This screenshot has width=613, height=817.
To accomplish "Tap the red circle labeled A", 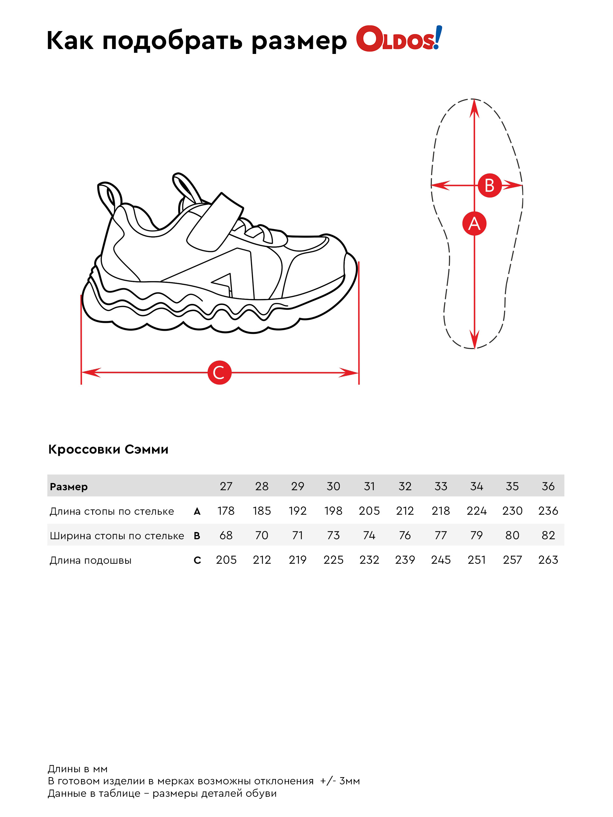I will (x=474, y=224).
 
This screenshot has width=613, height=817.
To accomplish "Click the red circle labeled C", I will (x=219, y=372).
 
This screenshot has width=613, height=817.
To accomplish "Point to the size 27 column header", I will (x=226, y=486).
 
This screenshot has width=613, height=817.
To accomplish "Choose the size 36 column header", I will (x=548, y=486).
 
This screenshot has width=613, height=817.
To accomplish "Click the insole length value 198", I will (x=333, y=511).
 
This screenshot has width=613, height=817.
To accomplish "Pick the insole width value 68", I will (x=226, y=535).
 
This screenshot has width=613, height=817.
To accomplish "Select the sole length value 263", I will (x=548, y=560).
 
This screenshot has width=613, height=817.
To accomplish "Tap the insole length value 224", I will (x=476, y=511).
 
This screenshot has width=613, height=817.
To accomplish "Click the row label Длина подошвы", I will (x=91, y=560).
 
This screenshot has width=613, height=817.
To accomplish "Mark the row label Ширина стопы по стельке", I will (x=117, y=536).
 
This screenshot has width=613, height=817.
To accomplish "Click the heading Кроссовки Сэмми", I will (x=108, y=449).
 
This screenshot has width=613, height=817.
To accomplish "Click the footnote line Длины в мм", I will (x=77, y=769).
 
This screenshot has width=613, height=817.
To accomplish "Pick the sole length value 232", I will (x=369, y=560).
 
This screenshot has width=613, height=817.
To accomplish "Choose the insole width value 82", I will (x=548, y=535).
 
